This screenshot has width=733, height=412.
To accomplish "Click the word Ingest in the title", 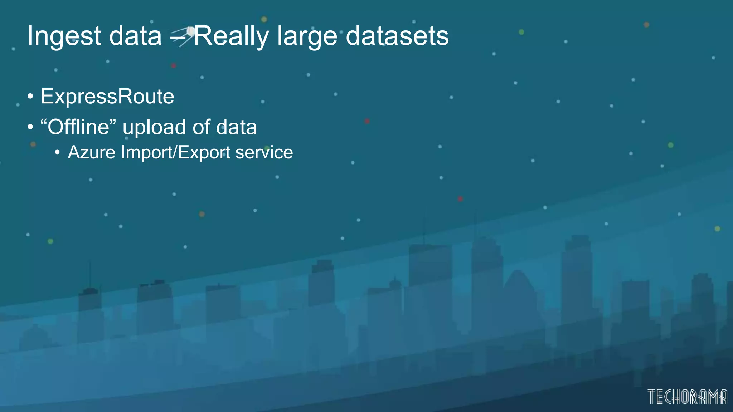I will coord(64,36).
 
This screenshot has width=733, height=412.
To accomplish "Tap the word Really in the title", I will coord(231,36).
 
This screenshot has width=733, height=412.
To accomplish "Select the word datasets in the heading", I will coord(397,36).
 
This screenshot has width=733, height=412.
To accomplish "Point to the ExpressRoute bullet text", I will coord(107,97).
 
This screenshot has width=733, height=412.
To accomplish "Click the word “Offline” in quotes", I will coord(78,127).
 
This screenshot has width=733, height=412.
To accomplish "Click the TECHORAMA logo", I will coord(687,397).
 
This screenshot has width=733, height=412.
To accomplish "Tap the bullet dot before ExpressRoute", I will coord(30,97).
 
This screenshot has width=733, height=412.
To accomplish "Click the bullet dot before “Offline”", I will coord(30,127).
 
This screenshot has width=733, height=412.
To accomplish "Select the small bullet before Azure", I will coord(57,153).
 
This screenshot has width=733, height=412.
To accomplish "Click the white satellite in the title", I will coord(191,31).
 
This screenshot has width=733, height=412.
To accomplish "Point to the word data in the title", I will coord(135,36).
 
